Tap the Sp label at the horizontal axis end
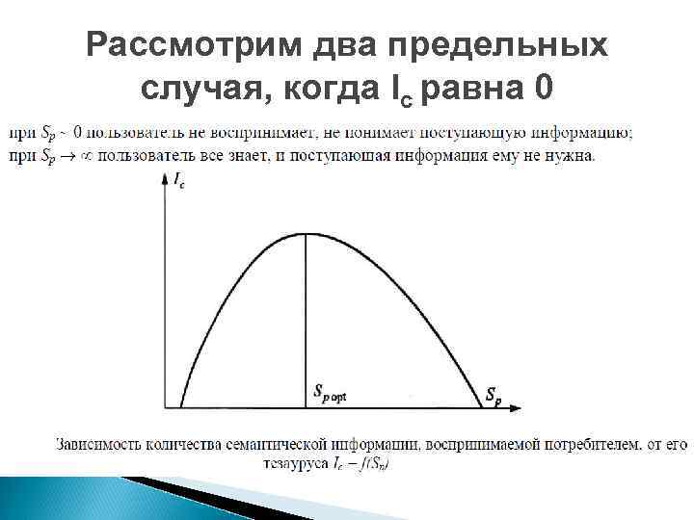[493, 395]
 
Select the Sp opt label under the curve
[330, 392]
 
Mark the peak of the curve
[306, 234]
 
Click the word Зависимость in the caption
[99, 445]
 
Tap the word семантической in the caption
[282, 445]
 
